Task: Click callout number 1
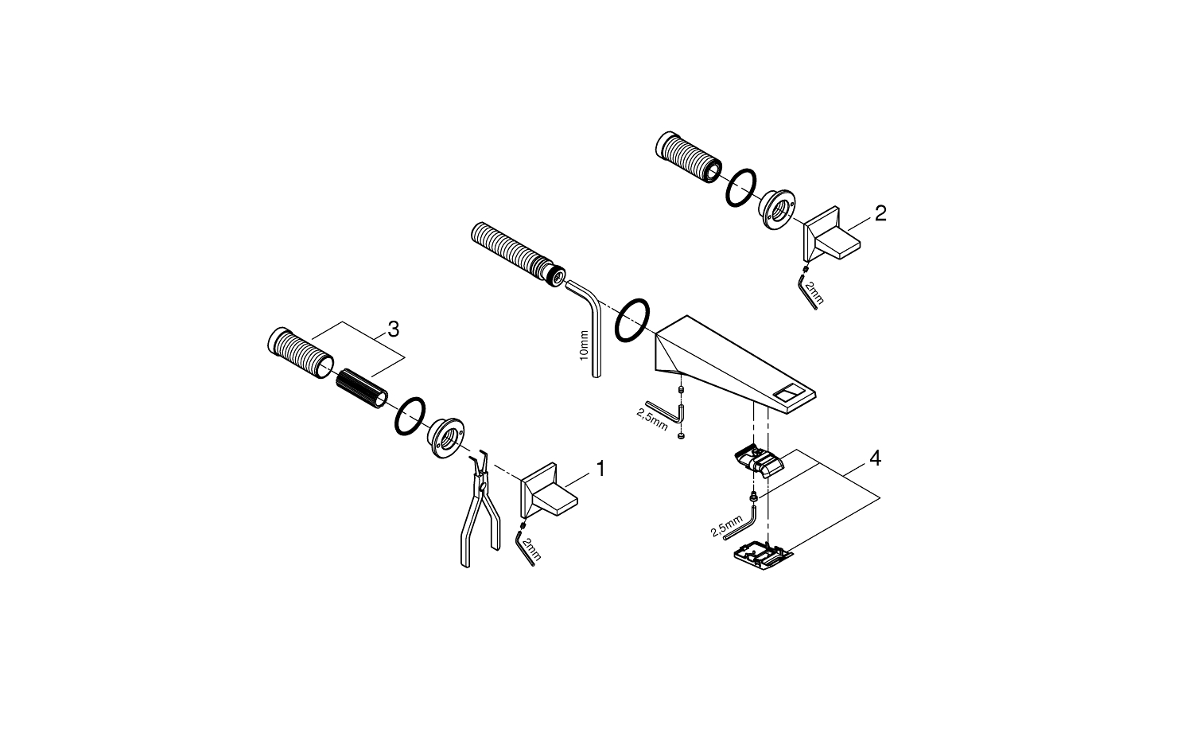pos(600,469)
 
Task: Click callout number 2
pos(880,214)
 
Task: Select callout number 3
pos(393,329)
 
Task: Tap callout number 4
pos(875,458)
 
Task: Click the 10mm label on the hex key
pos(585,345)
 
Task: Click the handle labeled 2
pos(831,234)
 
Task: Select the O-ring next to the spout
pos(632,320)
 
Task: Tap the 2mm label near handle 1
pos(531,549)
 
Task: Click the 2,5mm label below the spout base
pos(652,419)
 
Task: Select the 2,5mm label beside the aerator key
pos(726,526)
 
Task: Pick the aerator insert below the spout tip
pos(759,461)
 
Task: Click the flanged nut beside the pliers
pos(445,438)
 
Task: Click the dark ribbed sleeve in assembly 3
pos(362,388)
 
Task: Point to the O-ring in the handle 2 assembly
pos(740,188)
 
